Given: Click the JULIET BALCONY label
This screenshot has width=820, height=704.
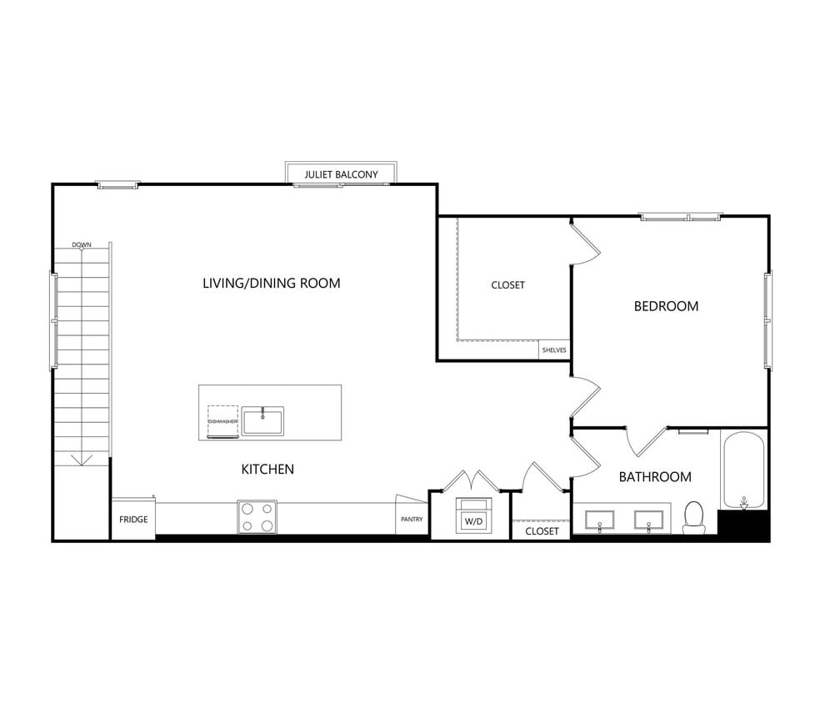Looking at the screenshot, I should (341, 175).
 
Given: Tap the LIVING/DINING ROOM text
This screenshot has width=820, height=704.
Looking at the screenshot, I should (272, 284).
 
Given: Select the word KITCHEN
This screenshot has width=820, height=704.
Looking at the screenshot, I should (267, 470).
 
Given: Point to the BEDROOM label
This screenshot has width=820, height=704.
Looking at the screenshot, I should (666, 306).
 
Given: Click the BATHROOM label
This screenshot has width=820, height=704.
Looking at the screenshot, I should (654, 477).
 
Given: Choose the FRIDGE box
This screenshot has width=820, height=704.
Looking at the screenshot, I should (133, 520).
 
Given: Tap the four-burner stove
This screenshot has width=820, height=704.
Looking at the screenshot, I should (257, 516).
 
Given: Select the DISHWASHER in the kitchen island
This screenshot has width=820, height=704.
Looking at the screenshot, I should (222, 421).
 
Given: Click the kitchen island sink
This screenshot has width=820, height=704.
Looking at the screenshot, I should (262, 420).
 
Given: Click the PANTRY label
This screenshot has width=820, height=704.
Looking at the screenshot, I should (412, 520).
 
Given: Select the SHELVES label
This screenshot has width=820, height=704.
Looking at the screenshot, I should (554, 350).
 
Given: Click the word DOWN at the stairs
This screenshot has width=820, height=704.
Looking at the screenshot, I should (82, 245).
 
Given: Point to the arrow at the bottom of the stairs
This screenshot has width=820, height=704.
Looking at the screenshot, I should (82, 459).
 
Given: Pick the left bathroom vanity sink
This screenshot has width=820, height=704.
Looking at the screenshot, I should (600, 521).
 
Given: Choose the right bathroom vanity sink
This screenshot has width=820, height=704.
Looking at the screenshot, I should (649, 521).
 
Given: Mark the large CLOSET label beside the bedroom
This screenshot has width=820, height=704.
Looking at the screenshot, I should (507, 285).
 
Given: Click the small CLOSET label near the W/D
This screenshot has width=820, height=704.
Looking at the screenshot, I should (542, 531).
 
